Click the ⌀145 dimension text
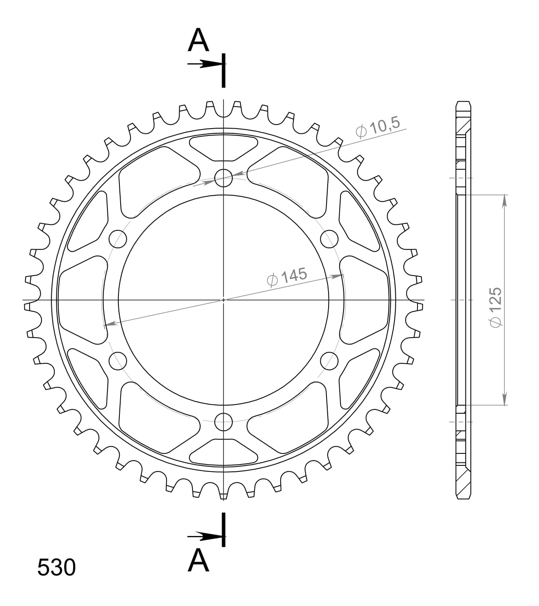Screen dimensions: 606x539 tap(287, 277)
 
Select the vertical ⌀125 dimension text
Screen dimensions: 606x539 tap(495, 307)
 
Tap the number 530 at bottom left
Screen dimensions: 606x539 tap(56, 568)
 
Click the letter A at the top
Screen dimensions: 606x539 tap(198, 40)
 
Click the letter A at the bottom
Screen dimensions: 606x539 tap(198, 560)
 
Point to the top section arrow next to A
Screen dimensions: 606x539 tap(205, 64)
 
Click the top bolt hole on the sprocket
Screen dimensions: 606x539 tap(223, 177)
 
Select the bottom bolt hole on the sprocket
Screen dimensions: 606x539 tap(223, 422)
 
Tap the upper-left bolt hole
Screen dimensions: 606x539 tap(118, 238)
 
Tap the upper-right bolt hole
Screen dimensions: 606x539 tap(329, 238)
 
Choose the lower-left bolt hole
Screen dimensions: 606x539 tap(118, 362)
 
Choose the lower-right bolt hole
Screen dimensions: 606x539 tap(329, 361)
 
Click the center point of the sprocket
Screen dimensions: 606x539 tap(223, 300)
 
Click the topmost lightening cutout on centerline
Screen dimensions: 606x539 tap(223, 147)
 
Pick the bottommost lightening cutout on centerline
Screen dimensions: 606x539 tap(223, 452)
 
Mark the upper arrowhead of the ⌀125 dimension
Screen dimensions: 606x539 tap(505, 201)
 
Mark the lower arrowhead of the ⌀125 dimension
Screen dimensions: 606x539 tap(505, 399)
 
